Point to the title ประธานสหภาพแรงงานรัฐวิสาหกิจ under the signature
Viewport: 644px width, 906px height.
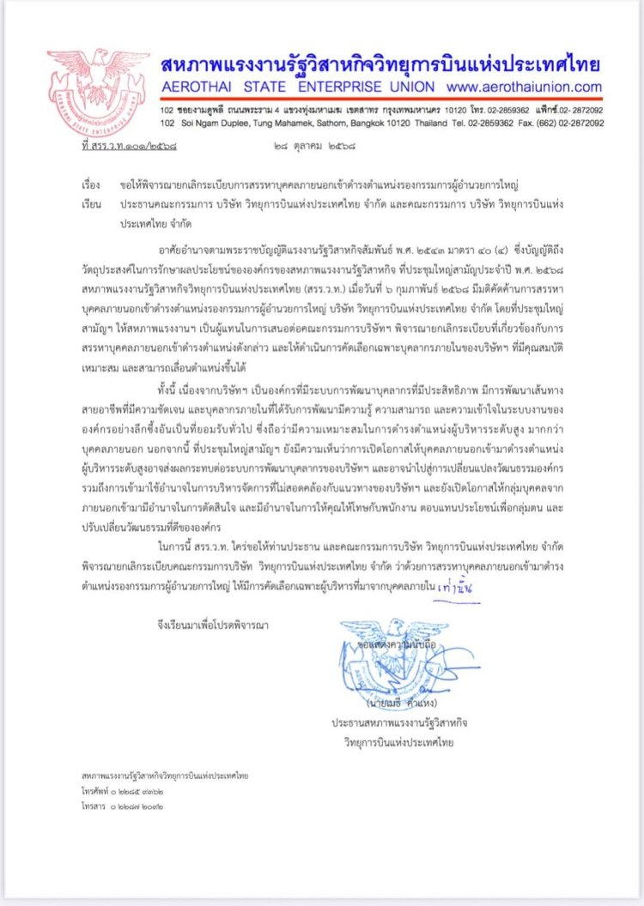point(396,724)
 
